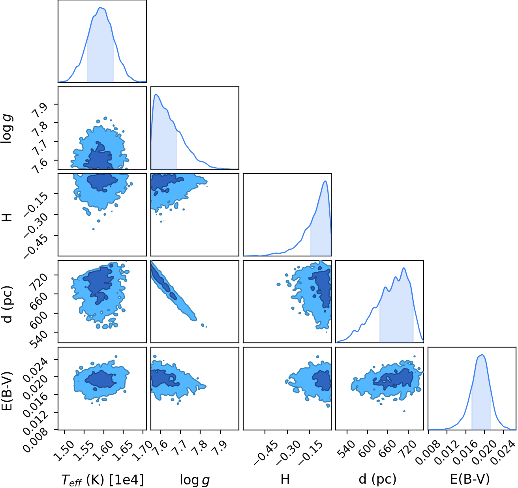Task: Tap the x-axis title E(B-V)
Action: click(470, 479)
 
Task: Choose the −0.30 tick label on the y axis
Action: click(36, 223)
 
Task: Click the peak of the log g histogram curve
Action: click(156, 94)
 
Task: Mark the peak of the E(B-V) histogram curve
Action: click(482, 355)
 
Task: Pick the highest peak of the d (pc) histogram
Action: click(404, 268)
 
